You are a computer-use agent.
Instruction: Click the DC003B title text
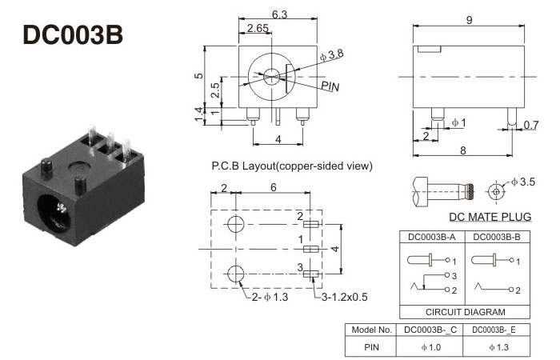(x=74, y=36)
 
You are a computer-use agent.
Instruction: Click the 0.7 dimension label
(x=530, y=125)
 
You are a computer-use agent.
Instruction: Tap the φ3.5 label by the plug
(x=525, y=183)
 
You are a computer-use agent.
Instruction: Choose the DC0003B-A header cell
(x=432, y=237)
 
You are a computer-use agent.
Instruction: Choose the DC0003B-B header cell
(x=496, y=237)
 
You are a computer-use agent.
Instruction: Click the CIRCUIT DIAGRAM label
(x=465, y=312)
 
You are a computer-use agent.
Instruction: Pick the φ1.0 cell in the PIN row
(x=431, y=348)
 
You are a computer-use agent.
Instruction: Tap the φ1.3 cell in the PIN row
(x=497, y=348)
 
